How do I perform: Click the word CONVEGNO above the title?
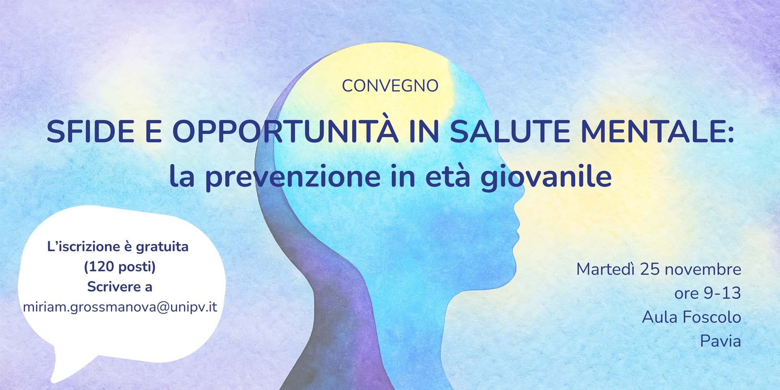(390, 86)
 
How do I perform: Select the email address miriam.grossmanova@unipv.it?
(120, 307)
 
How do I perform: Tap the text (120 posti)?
(120, 267)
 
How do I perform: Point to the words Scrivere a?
(120, 287)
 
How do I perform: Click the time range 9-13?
(720, 293)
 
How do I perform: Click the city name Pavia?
(721, 341)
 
